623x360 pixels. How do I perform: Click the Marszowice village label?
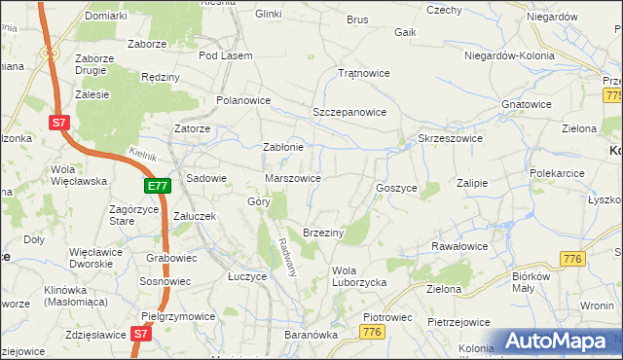[x=294, y=179]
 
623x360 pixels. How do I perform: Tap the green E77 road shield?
[x=158, y=186]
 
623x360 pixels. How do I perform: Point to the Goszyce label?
[x=396, y=188]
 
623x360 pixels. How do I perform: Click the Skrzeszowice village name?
[x=451, y=139]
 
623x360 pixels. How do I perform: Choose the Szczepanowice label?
[x=349, y=113]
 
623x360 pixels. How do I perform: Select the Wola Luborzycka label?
[x=360, y=276]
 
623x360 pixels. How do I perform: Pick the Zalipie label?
[x=471, y=183]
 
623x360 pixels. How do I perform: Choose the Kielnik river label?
[x=143, y=154]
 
